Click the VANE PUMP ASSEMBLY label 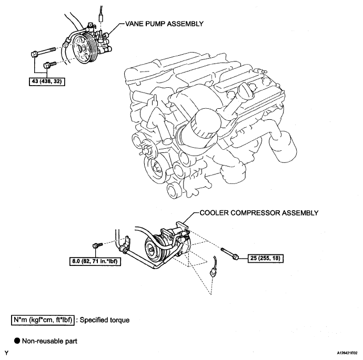pyautogui.click(x=164, y=24)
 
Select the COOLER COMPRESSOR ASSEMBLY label pyautogui.click(x=259, y=213)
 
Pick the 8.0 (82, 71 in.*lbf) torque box pyautogui.click(x=95, y=261)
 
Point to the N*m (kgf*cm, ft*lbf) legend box pyautogui.click(x=43, y=320)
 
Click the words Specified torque pyautogui.click(x=105, y=320)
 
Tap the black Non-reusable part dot pyautogui.click(x=17, y=341)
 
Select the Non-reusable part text pyautogui.click(x=49, y=341)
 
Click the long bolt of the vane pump pyautogui.click(x=43, y=52)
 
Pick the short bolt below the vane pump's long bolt pyautogui.click(x=50, y=64)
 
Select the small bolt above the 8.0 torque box pyautogui.click(x=97, y=245)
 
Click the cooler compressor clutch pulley pyautogui.click(x=153, y=248)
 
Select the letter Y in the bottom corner pyautogui.click(x=7, y=353)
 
